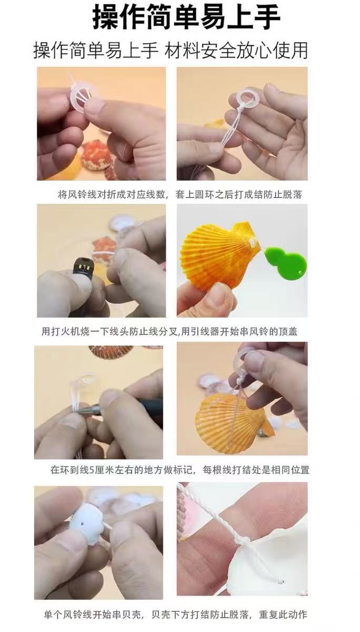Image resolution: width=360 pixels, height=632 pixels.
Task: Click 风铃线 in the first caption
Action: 82,194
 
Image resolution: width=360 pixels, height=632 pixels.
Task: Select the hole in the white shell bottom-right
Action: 280,582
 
